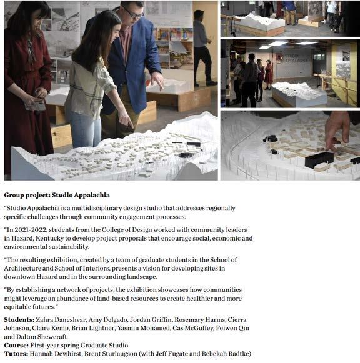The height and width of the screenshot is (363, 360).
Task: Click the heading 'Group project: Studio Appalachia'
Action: [x=57, y=195]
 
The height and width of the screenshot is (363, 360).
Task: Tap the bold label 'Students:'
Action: [x=19, y=320]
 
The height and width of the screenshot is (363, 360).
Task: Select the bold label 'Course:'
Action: [x=16, y=345]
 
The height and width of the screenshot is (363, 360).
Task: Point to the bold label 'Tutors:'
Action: [x=16, y=354]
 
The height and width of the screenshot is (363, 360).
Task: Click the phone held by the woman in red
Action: [x=36, y=106]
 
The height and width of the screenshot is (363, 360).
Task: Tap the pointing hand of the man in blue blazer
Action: [x=157, y=81]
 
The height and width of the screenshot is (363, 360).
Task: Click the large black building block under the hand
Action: [x=319, y=159]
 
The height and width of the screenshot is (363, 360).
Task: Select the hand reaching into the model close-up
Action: [x=337, y=130]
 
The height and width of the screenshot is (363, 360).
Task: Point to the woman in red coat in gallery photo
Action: [x=269, y=74]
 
